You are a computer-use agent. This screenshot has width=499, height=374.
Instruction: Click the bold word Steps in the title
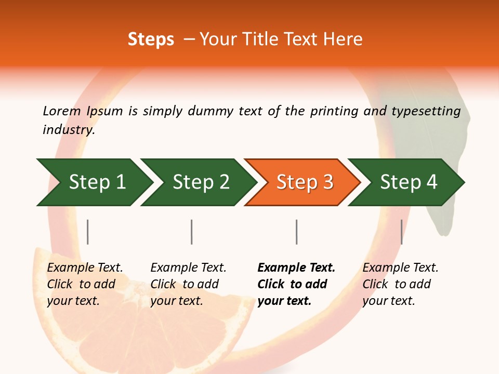pos(151,39)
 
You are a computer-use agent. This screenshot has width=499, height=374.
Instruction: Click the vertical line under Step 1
pos(87,232)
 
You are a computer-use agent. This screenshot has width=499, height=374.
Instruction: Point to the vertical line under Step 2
pos(192,232)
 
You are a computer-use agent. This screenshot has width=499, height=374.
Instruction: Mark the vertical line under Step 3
pos(296,232)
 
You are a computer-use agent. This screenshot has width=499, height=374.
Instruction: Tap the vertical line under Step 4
pos(401,232)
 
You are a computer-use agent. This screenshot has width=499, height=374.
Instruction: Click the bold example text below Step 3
pos(296,284)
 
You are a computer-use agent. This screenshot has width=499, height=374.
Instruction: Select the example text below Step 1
pos(85,284)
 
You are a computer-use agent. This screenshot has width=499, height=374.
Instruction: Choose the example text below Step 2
pos(188,284)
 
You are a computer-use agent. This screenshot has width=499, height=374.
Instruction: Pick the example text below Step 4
pos(400,284)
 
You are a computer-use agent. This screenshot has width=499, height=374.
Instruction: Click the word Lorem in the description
pos(62,111)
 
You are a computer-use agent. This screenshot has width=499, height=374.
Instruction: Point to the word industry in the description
pos(68,130)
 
